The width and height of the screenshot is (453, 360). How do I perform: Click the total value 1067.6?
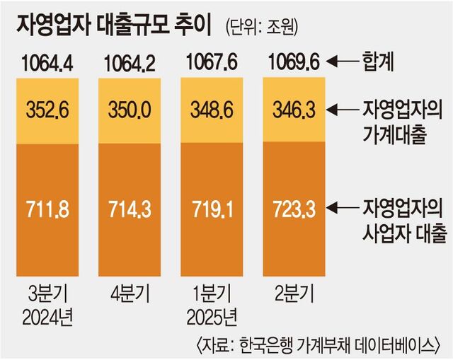210,66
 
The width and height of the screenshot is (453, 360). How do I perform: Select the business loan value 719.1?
212,210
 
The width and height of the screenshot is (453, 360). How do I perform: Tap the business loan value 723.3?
292,210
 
